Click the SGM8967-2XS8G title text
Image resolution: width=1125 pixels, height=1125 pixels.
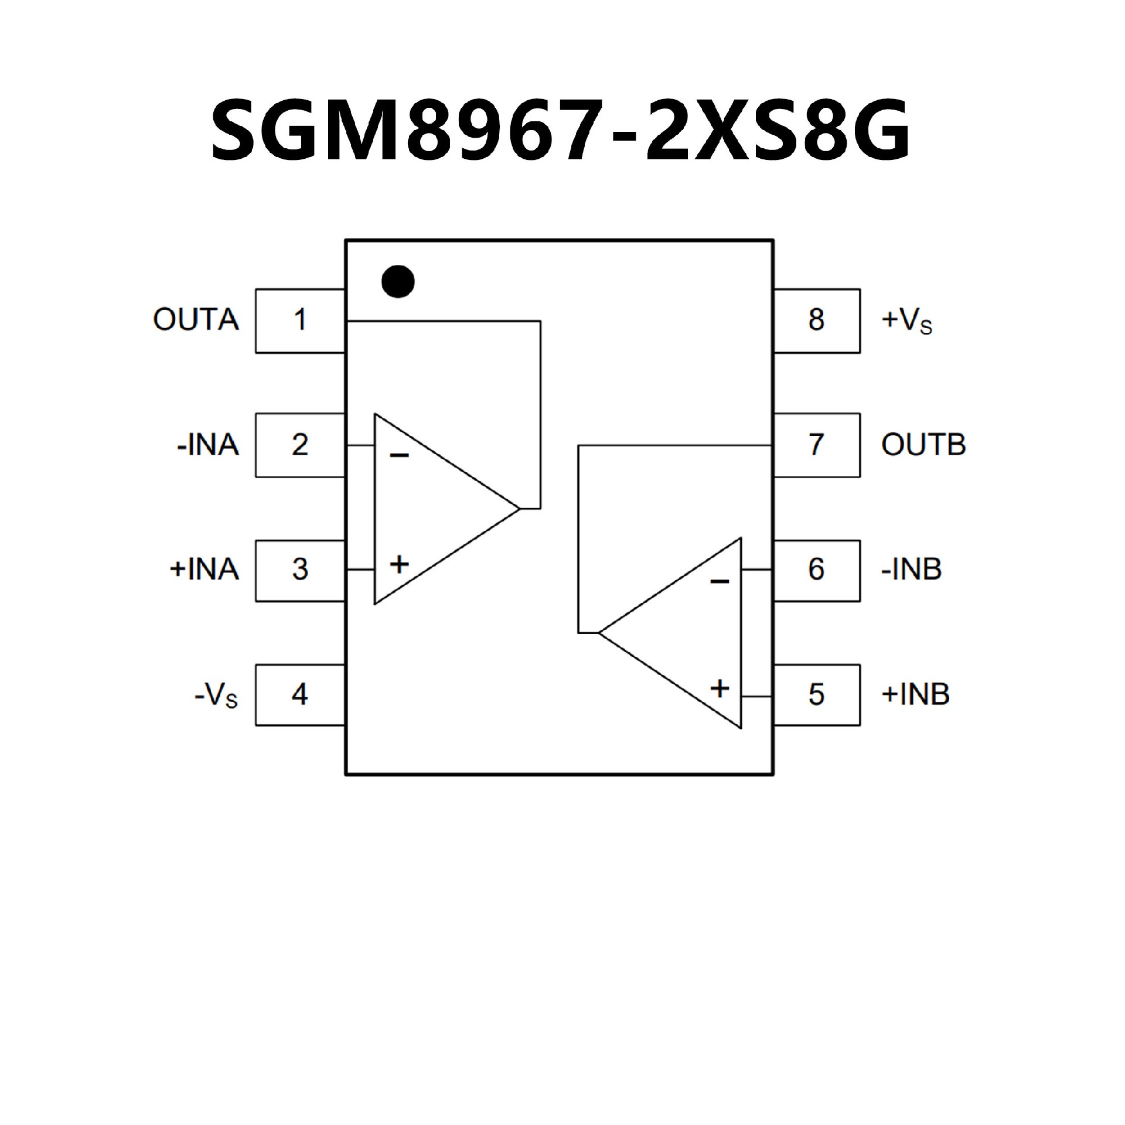pos(561,129)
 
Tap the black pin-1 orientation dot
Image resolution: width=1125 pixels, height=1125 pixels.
pos(398,281)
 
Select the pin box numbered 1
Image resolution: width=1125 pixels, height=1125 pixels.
pos(299,321)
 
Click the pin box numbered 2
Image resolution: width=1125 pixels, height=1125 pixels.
pos(299,445)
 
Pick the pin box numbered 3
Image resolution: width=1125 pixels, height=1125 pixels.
pos(299,570)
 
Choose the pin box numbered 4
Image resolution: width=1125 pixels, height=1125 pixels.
pos(299,695)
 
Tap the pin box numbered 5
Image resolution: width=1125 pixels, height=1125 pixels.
pos(817,695)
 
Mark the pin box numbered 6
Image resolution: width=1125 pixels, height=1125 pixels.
pos(817,570)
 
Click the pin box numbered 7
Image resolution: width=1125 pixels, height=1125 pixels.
pos(817,445)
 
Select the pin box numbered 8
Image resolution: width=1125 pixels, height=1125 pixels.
pos(817,321)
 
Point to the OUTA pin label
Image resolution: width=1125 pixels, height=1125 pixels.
pos(196,321)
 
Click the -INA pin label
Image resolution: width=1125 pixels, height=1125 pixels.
pos(208,445)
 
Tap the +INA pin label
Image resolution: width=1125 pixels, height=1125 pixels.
pos(204,570)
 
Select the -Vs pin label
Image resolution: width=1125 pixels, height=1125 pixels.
pos(216,696)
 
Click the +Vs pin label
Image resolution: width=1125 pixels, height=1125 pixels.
pos(906,322)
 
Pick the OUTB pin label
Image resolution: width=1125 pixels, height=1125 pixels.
pos(923,445)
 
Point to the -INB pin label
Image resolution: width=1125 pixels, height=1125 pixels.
pos(911,570)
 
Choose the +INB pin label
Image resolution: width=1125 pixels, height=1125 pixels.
pos(915,695)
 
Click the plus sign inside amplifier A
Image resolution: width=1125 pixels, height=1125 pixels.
pos(399,565)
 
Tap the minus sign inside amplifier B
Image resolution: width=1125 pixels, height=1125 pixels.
pos(720,582)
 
